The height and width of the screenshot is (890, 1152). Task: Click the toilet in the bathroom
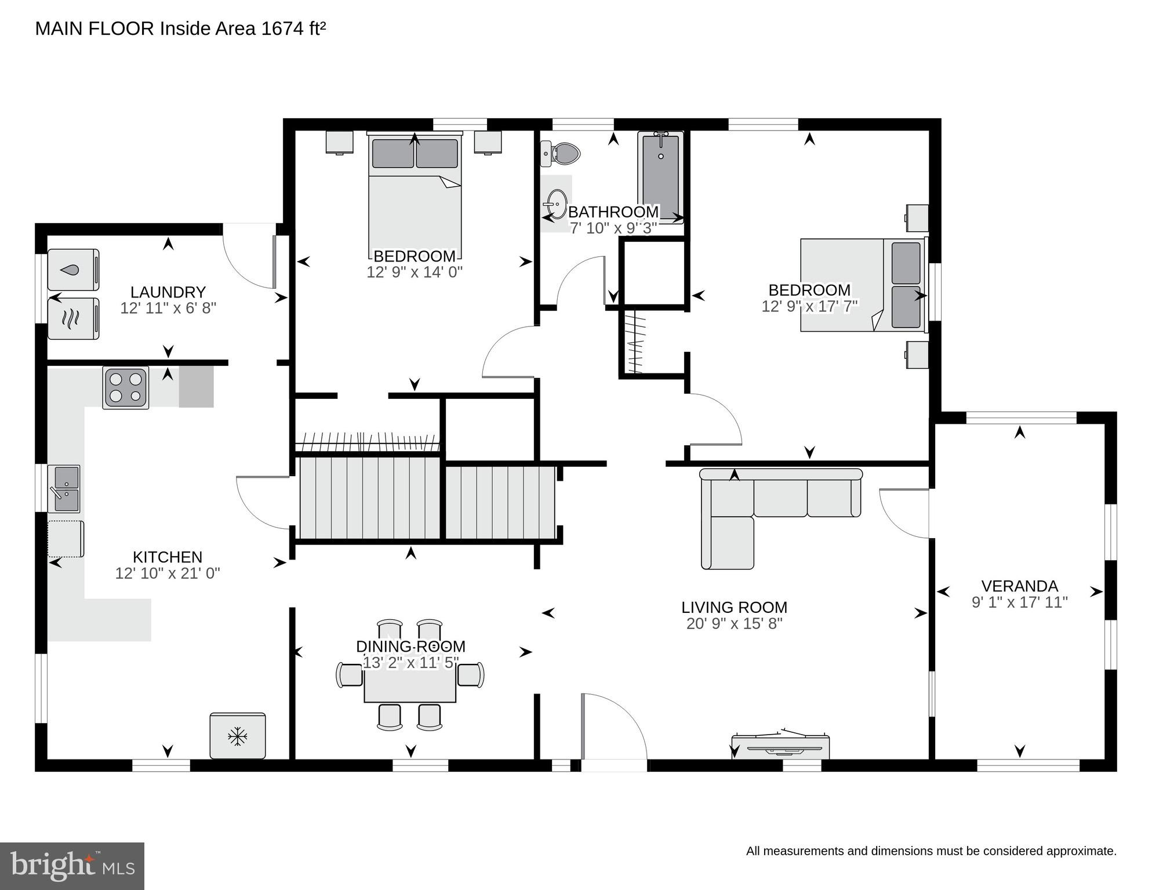[564, 154]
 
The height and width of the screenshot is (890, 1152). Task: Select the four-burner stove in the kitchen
[126, 387]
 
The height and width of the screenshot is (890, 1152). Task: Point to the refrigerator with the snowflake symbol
[238, 736]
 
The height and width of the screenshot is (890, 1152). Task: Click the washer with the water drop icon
[73, 270]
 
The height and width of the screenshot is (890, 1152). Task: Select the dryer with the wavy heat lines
[73, 318]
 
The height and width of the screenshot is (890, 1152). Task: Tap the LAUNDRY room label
[168, 292]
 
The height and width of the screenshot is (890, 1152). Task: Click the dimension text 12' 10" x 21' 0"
[168, 573]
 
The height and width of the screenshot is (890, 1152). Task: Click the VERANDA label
[1019, 586]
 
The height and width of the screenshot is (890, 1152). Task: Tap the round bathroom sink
[557, 204]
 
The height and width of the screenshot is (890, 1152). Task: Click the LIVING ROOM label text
[734, 607]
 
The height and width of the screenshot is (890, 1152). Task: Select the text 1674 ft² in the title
[293, 28]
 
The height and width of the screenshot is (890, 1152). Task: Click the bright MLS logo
[72, 866]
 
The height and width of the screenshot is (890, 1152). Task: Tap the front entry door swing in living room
[615, 728]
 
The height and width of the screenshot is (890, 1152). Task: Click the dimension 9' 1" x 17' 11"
[1019, 602]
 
